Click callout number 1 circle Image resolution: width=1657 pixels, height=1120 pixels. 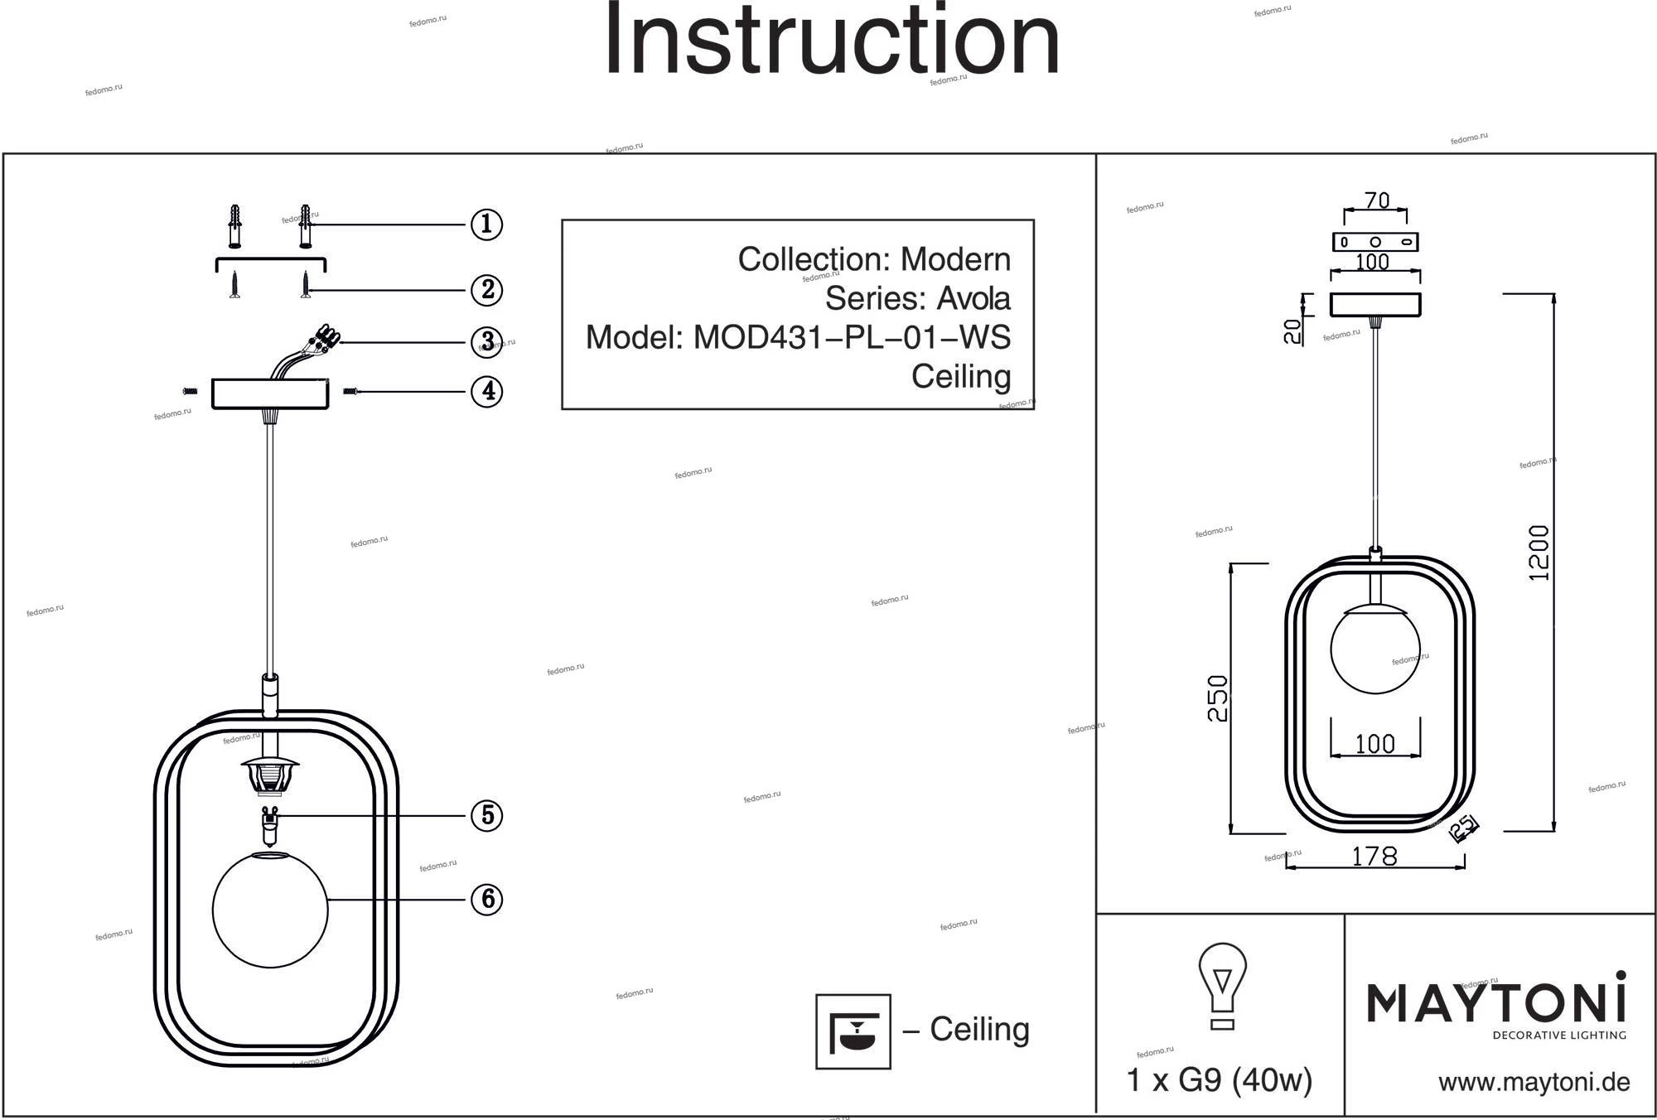(486, 224)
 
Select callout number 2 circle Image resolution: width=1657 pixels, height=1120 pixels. (486, 290)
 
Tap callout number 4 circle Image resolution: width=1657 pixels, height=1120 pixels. (487, 391)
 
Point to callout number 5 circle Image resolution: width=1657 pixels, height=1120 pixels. (487, 815)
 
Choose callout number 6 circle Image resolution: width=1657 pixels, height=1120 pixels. (487, 899)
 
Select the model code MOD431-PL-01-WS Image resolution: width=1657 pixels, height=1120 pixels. (851, 337)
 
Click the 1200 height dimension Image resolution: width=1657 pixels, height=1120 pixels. (1539, 553)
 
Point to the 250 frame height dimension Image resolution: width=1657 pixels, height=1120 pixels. (1217, 698)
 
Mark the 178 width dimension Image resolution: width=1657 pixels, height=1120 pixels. (1374, 857)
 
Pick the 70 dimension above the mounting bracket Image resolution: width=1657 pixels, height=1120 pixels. (1376, 201)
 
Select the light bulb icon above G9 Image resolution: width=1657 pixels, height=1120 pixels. (1222, 986)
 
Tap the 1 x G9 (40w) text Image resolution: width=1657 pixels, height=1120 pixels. (1220, 1080)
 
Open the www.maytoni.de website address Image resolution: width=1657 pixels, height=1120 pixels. (1534, 1082)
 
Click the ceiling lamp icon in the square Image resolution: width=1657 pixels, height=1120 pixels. (853, 1031)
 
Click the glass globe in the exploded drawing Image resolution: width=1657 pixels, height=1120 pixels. (270, 909)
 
